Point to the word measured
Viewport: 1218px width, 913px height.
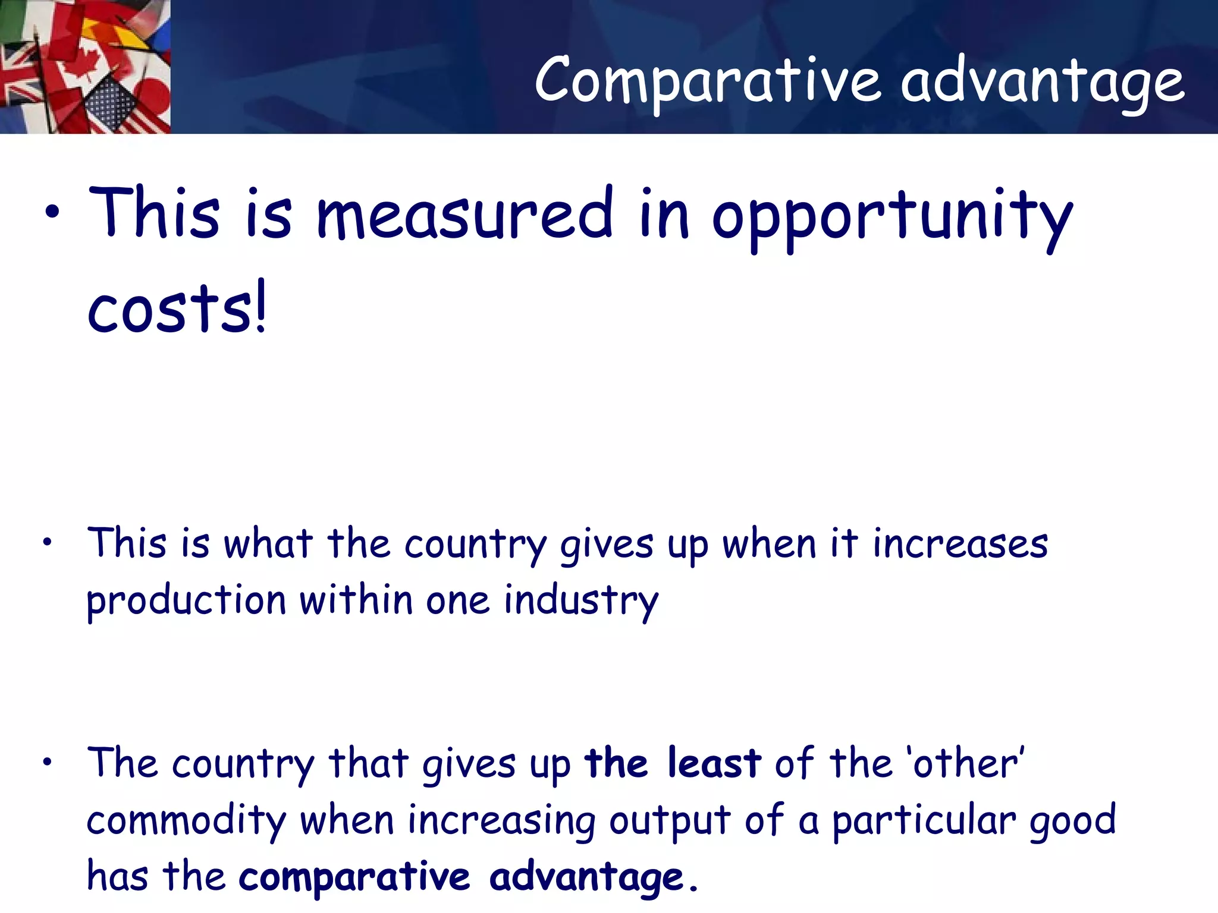(464, 213)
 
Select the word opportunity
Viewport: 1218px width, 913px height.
(892, 217)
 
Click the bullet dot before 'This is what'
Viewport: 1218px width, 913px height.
(48, 542)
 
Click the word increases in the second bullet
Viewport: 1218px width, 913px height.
(960, 543)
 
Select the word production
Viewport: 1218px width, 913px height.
(186, 600)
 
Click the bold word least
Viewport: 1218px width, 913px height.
(714, 763)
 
